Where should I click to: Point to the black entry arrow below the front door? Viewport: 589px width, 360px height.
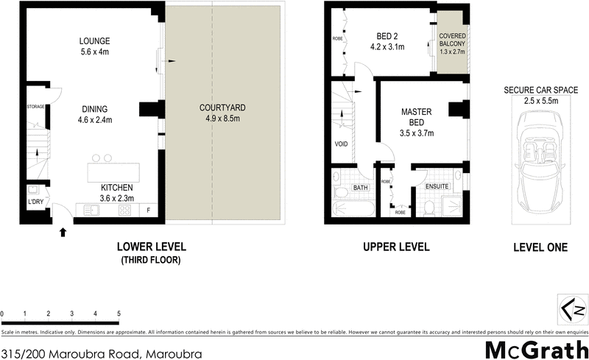(63, 233)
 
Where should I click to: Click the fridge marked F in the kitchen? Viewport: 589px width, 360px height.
(148, 210)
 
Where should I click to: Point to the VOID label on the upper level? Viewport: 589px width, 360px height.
(341, 144)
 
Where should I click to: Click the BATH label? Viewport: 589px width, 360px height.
(360, 188)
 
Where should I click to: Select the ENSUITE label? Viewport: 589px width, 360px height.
(437, 187)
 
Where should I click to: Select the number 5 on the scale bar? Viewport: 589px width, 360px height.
(119, 314)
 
